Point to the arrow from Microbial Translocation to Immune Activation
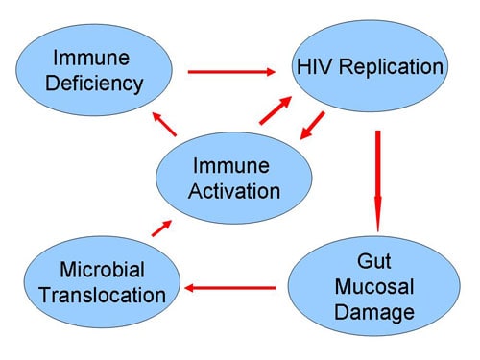162,228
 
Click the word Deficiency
93,84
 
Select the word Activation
236,190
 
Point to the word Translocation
102,295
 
